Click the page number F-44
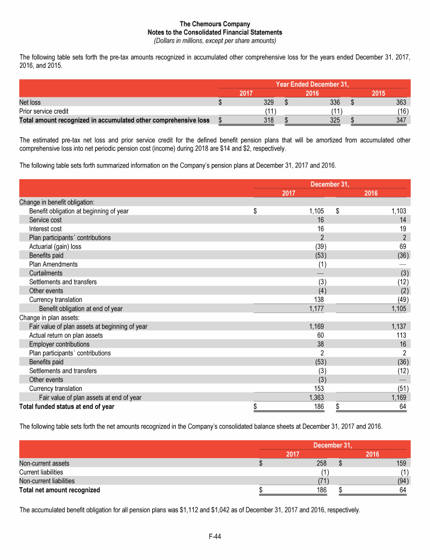coord(215,536)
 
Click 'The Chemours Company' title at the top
coord(215,24)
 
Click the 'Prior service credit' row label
coord(44,111)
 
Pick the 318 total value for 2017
coord(269,120)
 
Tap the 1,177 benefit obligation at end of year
coord(316,309)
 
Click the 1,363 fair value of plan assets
coord(316,397)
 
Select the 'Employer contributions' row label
coord(59,344)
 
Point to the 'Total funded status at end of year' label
coord(67,406)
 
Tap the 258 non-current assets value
coord(320,463)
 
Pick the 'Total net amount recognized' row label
coord(60,489)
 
